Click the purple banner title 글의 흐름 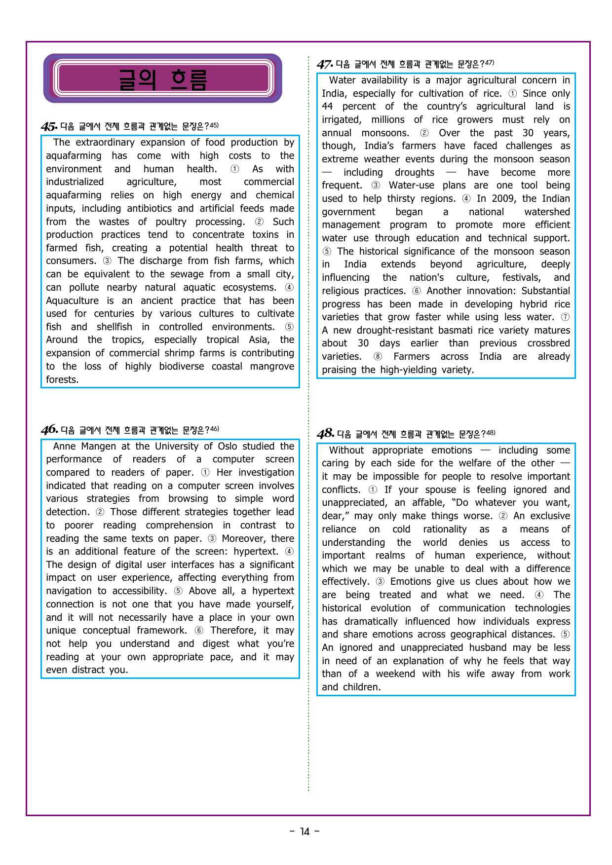tap(162, 79)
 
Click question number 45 tap(49, 127)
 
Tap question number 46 tap(49, 430)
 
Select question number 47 tap(324, 65)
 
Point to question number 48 tap(325, 434)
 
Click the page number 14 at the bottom tap(305, 831)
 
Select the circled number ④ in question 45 tap(289, 287)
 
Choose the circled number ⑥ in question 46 tap(199, 630)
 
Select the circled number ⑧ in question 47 tap(378, 356)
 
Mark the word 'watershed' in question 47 tap(547, 212)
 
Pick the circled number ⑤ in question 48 tap(565, 634)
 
